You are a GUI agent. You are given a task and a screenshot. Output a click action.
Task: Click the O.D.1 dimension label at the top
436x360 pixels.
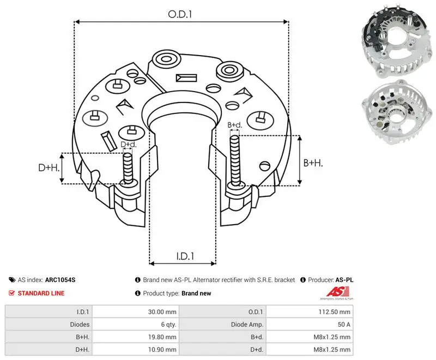[180, 14]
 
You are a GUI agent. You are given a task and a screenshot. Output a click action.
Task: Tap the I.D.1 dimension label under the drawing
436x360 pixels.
[185, 256]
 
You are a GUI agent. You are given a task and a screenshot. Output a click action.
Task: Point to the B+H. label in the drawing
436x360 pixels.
[313, 163]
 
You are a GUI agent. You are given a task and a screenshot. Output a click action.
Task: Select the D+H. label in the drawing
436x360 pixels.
[49, 167]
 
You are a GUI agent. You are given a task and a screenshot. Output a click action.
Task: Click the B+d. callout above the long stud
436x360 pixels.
[235, 125]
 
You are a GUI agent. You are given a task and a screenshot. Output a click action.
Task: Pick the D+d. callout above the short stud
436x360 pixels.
[129, 145]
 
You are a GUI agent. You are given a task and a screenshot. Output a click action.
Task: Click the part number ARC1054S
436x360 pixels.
[60, 280]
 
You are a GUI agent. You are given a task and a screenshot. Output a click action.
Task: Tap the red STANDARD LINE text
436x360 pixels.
[41, 293]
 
